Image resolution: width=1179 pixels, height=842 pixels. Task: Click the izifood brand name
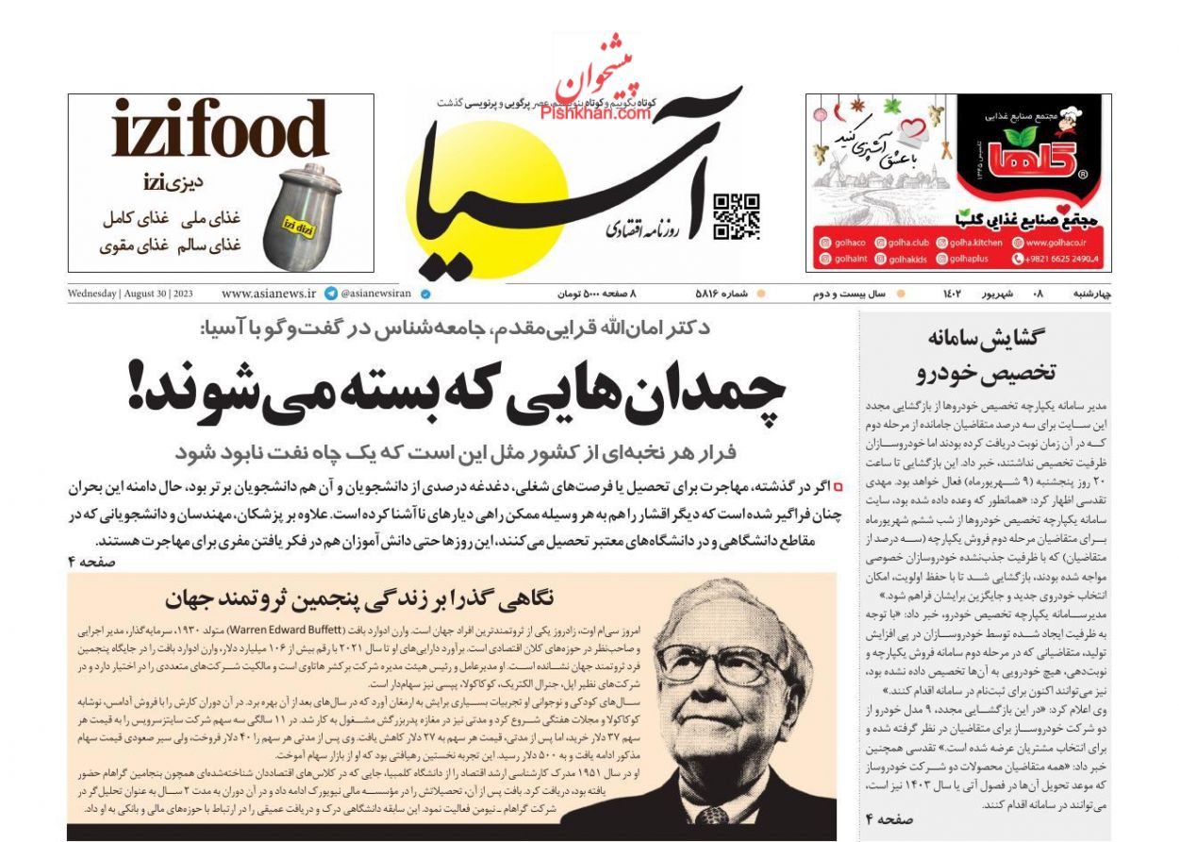click(x=220, y=129)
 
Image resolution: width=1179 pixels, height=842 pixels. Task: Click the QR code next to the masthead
click(x=737, y=215)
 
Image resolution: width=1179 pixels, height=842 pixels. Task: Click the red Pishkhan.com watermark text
click(x=596, y=113)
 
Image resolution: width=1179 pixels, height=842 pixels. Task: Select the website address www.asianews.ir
click(x=269, y=294)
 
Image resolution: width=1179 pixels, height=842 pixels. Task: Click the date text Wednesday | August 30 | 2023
click(x=130, y=294)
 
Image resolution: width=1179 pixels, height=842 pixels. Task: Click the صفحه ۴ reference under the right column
click(x=888, y=820)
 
